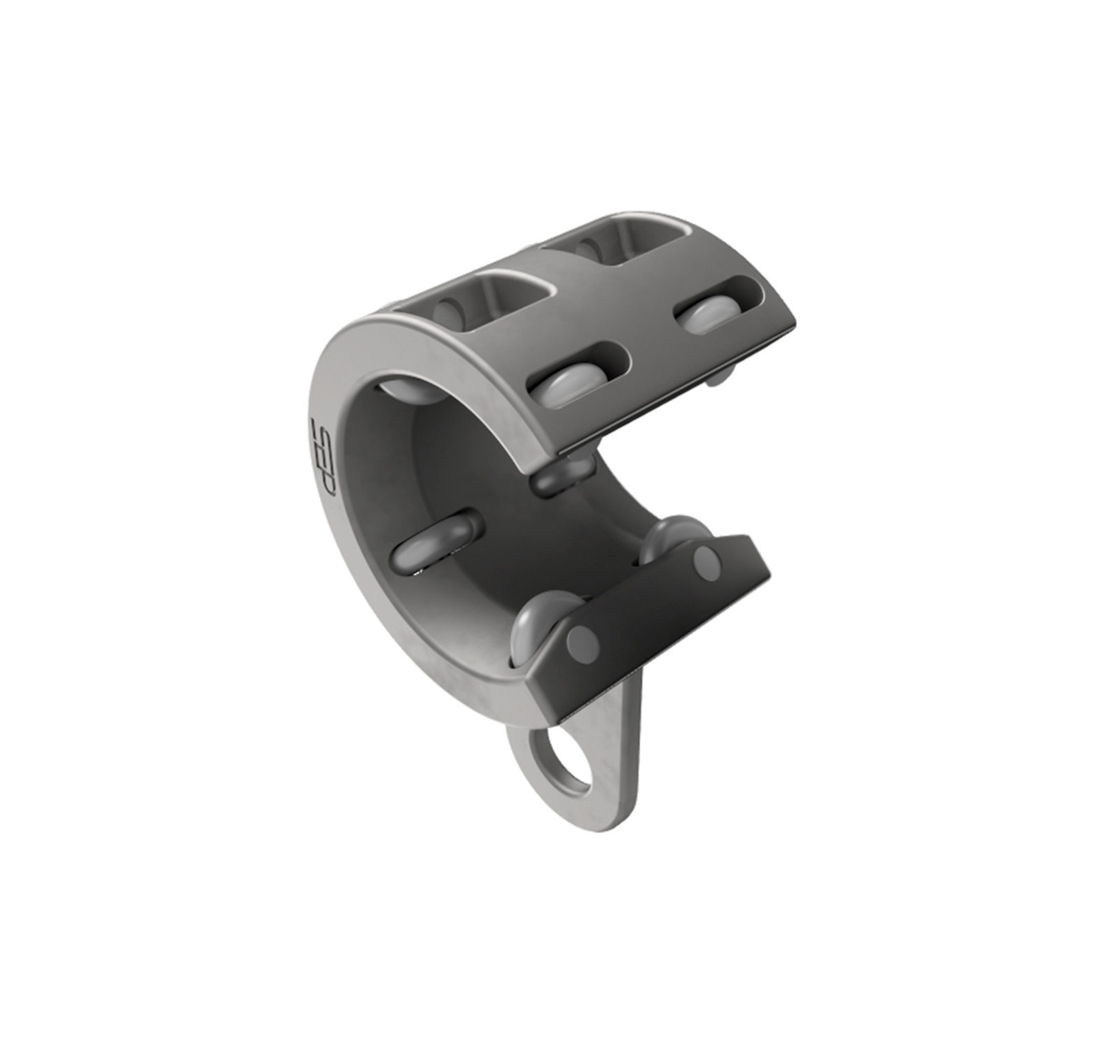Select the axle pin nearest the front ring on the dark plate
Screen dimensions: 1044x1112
pos(582,644)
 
